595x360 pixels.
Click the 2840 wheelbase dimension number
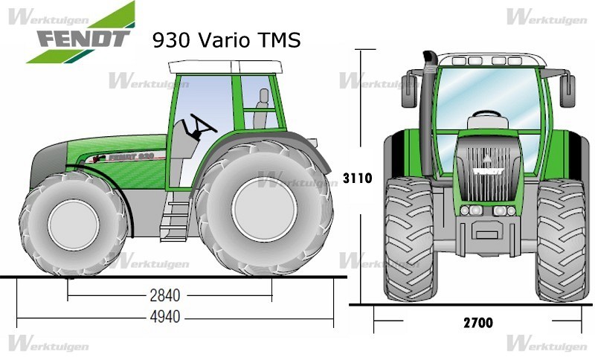click(164, 295)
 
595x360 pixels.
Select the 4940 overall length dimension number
click(164, 317)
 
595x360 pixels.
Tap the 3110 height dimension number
click(358, 178)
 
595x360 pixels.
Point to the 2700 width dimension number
click(478, 323)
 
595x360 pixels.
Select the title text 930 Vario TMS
click(227, 40)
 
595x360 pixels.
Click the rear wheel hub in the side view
click(265, 209)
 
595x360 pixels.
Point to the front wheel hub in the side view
click(73, 225)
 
